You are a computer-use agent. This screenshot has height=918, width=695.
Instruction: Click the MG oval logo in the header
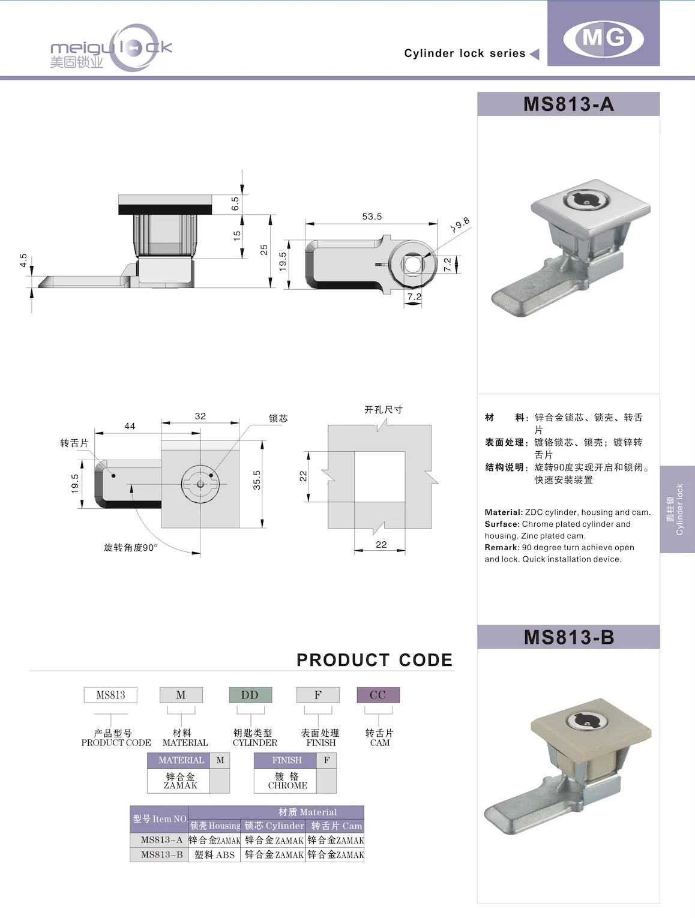click(x=603, y=38)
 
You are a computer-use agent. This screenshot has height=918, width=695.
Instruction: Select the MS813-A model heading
click(x=568, y=104)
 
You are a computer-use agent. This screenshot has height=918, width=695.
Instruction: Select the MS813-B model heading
click(x=568, y=637)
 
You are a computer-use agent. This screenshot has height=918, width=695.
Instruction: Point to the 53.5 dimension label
click(x=372, y=217)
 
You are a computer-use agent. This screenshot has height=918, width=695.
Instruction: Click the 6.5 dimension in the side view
click(x=235, y=204)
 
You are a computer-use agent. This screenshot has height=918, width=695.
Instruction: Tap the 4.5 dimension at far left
click(x=23, y=260)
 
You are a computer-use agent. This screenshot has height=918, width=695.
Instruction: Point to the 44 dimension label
click(x=130, y=426)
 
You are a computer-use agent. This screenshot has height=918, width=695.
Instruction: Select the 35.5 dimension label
click(x=257, y=480)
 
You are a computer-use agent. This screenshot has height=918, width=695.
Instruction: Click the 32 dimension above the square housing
click(x=200, y=416)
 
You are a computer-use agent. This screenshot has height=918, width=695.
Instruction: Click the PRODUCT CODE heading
click(x=375, y=660)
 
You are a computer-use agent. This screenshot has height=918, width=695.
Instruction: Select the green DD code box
click(x=250, y=695)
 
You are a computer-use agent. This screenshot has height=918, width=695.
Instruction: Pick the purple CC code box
click(x=378, y=695)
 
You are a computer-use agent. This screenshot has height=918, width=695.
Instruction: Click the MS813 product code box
click(x=110, y=695)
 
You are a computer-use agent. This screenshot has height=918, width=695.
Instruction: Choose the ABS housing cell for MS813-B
click(x=215, y=855)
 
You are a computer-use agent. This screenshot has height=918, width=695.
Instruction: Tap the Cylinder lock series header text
click(x=465, y=53)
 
